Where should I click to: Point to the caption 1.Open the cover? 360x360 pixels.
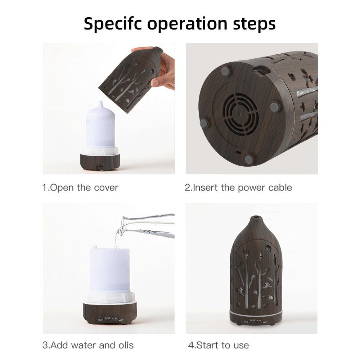point(80,188)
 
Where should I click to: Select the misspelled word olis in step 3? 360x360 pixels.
point(125,345)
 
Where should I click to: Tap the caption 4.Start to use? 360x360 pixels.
point(218,345)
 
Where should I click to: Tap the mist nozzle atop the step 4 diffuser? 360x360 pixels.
point(256,218)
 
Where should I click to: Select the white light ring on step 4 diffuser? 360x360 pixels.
point(256,311)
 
